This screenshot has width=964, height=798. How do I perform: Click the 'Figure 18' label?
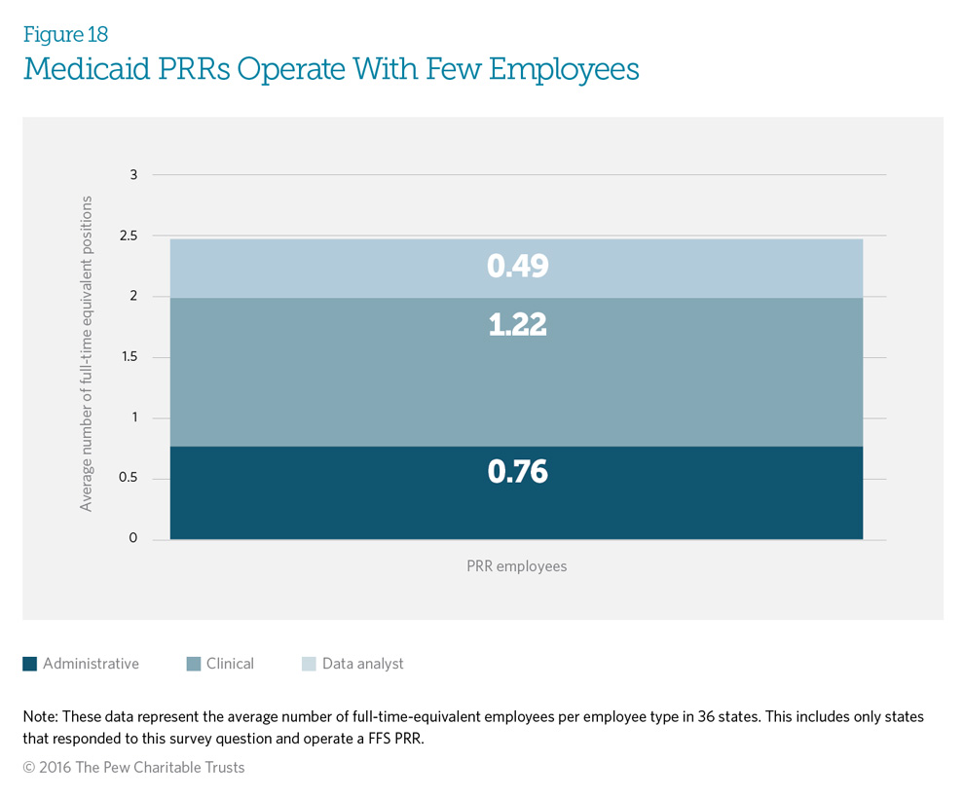coord(65,35)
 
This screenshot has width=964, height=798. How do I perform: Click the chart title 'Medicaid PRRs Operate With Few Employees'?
coord(331,70)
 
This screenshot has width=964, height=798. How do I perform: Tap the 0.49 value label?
coord(517,267)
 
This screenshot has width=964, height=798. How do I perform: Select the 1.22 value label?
coord(517,325)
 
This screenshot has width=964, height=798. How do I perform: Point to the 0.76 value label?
coord(517,473)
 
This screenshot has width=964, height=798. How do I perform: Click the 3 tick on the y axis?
coord(133,175)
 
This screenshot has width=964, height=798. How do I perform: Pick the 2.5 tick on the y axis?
coord(128,236)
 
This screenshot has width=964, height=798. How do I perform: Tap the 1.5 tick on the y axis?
coord(128,357)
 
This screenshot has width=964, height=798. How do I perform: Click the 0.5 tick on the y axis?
coord(128,479)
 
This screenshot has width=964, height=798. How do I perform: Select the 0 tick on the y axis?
coord(133,539)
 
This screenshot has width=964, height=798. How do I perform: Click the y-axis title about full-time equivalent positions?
coord(87,353)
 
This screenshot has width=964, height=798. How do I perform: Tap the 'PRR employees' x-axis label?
coord(516,566)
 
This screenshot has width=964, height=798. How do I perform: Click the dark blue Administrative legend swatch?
coord(30,665)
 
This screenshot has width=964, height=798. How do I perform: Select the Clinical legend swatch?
coord(194,665)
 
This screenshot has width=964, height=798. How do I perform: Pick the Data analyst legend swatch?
coord(309,665)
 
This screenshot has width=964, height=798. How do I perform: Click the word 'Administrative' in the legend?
coord(91,664)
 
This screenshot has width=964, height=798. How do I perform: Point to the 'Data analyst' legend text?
coord(362,664)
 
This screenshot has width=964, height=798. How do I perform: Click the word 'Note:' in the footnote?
coord(41,716)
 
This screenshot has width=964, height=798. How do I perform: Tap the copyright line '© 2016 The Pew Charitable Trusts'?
coord(133,767)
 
